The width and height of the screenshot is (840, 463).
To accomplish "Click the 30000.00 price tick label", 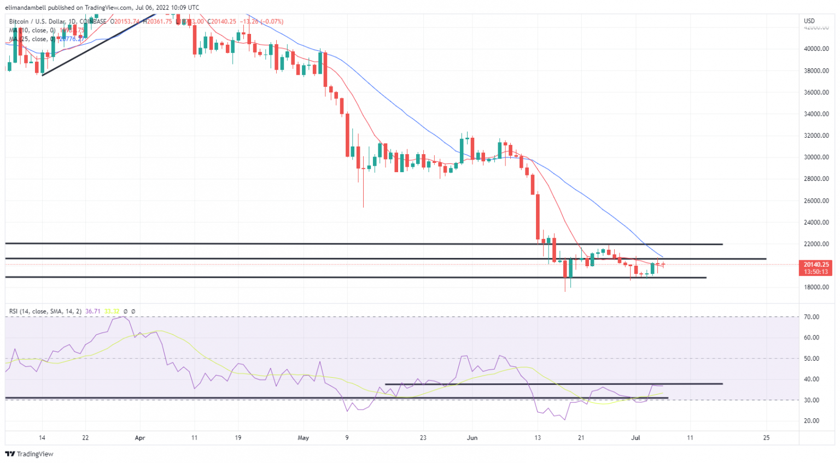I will tap(816, 157).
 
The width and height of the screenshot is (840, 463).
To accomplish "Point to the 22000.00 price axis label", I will tap(816, 244).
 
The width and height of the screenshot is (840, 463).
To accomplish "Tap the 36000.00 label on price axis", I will tap(816, 92).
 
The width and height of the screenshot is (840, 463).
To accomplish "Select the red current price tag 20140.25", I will tap(816, 265).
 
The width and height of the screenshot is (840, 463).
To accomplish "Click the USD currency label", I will tap(809, 21).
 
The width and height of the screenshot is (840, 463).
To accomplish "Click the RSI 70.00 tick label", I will tap(812, 317).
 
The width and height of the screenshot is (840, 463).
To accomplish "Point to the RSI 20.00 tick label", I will tap(812, 421).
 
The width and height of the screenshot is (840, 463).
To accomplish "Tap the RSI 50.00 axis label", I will tap(812, 359).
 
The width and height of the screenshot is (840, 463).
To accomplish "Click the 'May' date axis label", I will tap(304, 438).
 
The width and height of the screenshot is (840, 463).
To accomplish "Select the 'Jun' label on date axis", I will tap(472, 438).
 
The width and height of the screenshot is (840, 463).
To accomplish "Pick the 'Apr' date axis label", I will tap(140, 438).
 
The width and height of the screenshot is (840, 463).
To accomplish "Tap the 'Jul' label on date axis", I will tap(635, 438).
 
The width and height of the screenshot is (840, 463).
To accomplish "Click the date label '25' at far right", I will tap(766, 438).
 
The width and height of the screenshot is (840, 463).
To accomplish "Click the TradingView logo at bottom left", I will tap(30, 454).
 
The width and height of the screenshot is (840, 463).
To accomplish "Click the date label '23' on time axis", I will tap(423, 438).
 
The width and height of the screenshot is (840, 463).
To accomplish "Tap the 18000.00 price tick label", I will tap(816, 288).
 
